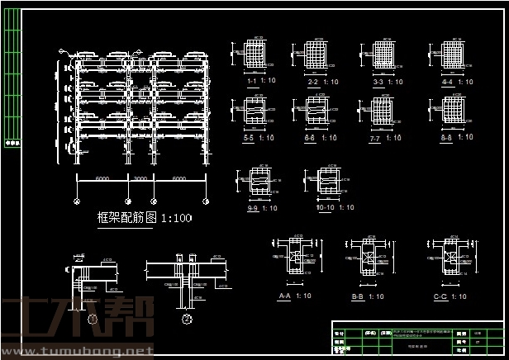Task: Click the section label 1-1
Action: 252,83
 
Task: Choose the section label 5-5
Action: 248,138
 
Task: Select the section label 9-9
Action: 252,207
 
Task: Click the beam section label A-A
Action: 285,295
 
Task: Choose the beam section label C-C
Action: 440,295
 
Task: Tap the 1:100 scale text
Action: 175,219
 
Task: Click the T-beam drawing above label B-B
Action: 364,258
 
